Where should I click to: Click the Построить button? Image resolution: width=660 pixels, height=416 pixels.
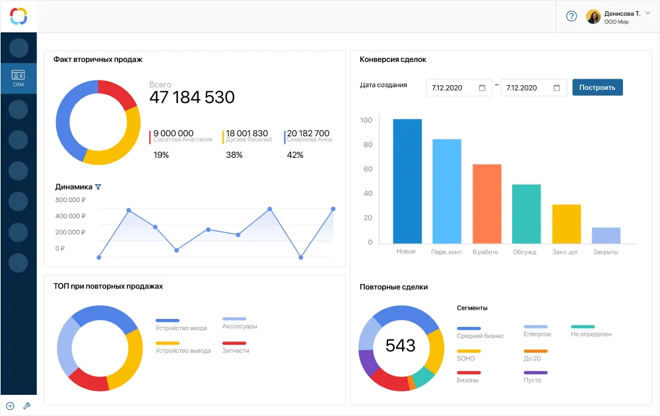tap(597, 87)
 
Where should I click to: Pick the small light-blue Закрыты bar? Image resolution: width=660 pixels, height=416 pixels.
tap(606, 235)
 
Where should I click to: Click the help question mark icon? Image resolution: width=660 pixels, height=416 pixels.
tap(572, 17)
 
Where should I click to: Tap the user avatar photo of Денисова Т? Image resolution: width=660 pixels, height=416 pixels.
tap(593, 17)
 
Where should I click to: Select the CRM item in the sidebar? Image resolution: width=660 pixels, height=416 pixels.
tap(18, 79)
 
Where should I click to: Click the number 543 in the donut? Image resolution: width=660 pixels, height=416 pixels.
tap(401, 345)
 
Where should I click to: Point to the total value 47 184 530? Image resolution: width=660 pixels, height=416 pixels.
tap(192, 98)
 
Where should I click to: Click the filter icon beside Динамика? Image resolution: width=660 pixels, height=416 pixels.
tap(98, 187)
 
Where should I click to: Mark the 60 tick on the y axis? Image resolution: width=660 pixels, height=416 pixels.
tap(366, 169)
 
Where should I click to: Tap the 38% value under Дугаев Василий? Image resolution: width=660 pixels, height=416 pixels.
tap(234, 155)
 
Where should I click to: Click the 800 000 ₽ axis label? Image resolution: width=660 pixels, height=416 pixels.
tap(71, 199)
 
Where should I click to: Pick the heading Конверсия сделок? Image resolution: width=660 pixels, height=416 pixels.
tap(393, 59)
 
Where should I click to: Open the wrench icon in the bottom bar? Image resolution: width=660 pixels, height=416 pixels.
tap(27, 406)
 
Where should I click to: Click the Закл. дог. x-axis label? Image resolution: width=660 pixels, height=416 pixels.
tap(566, 252)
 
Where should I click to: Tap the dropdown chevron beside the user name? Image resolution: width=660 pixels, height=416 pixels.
tap(647, 13)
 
